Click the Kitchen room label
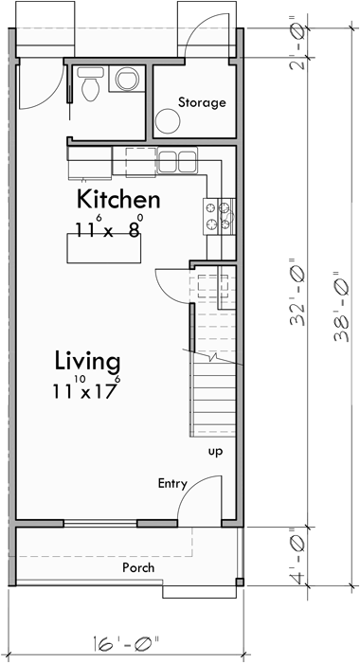[x=118, y=200]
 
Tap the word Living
[x=86, y=361]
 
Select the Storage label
[x=202, y=101]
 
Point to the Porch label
[x=138, y=567]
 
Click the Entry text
[x=172, y=484]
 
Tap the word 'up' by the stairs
[x=216, y=451]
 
